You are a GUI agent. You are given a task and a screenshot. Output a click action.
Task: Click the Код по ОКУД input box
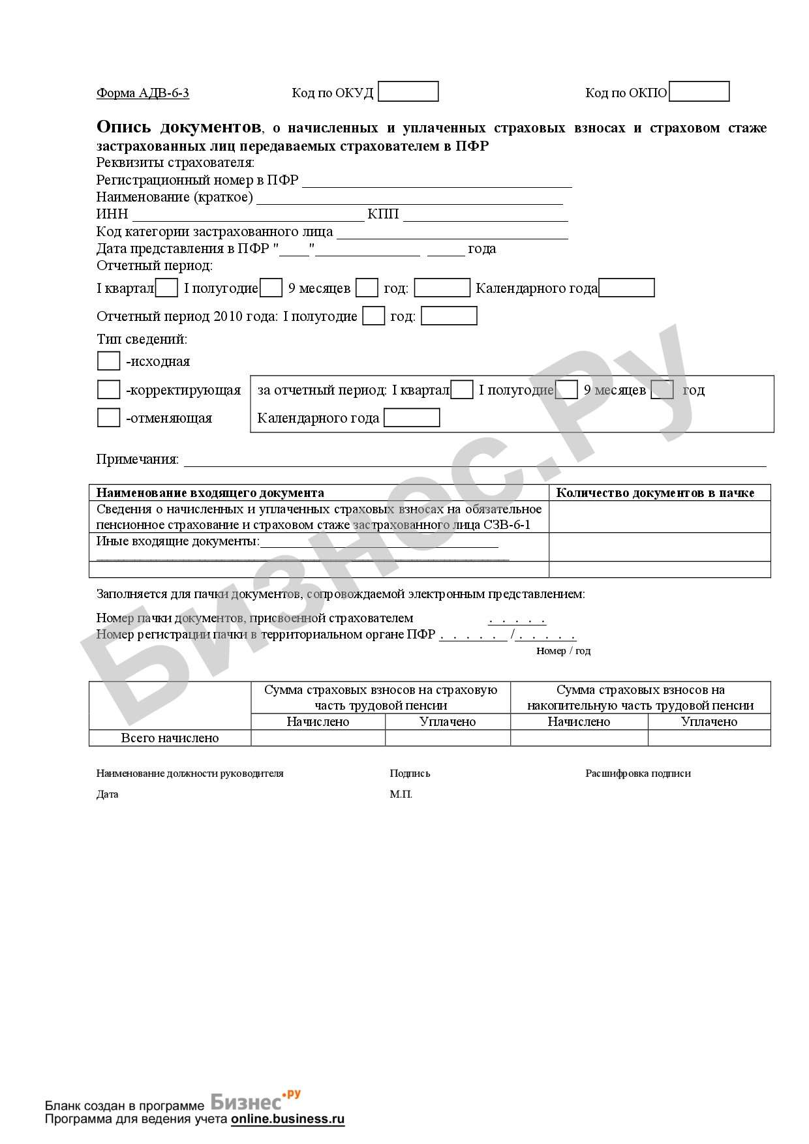408,91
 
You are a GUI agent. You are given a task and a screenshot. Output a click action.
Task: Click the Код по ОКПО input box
699,91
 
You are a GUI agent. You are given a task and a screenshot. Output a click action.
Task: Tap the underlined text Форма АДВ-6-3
143,93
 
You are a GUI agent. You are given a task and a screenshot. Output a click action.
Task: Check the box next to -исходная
108,361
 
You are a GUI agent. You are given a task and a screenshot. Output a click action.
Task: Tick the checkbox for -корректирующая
108,389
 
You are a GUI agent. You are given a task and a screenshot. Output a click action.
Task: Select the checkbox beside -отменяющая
108,417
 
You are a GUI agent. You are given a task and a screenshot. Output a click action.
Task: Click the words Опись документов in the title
179,127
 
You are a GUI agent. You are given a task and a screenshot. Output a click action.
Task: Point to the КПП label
383,215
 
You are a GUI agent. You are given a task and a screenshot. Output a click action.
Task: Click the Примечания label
137,459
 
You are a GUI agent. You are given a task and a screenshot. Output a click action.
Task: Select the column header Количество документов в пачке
655,493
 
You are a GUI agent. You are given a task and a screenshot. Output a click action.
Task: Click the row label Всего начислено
170,738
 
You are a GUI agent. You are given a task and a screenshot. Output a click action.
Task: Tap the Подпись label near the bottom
410,774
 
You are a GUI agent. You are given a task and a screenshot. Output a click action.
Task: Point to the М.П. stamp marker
401,794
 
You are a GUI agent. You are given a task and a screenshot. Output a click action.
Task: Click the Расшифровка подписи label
637,774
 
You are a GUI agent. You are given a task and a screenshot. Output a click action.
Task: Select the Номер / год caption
563,651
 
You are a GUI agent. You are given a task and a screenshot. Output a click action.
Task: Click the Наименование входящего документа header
210,493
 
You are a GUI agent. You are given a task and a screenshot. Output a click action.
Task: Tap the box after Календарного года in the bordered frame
411,417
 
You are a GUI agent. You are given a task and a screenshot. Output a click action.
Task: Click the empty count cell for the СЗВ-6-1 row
659,517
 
